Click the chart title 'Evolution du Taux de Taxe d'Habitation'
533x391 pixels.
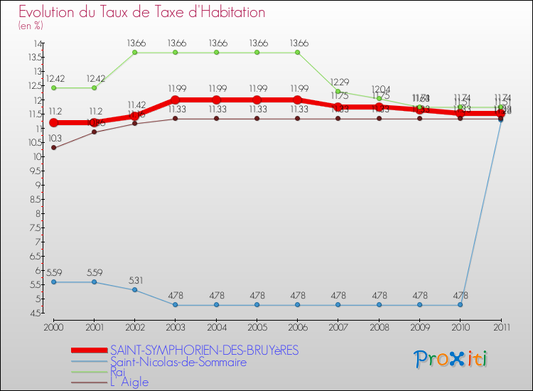tap(142, 12)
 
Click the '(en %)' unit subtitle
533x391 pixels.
tap(31, 26)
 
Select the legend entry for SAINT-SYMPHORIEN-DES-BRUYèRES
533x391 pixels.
tap(204, 350)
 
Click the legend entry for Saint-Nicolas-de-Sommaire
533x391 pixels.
tap(178, 362)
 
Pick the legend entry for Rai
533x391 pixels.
tap(119, 372)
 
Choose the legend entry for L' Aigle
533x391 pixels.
tap(129, 382)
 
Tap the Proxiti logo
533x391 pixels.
tap(451, 359)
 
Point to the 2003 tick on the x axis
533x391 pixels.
tap(175, 326)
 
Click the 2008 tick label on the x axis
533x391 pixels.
tap(379, 326)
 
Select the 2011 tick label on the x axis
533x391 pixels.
tap(501, 326)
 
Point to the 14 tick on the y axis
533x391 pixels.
tap(35, 44)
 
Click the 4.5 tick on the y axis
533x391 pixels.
tap(33, 314)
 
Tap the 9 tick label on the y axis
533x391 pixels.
tap(36, 186)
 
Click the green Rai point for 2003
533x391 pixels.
tap(175, 53)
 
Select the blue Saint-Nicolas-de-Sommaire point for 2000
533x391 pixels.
tap(53, 282)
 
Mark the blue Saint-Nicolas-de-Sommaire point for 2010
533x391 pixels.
tap(460, 305)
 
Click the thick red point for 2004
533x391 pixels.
tap(216, 100)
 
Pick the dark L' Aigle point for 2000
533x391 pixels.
tap(53, 148)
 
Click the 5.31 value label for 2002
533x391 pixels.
tap(134, 279)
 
